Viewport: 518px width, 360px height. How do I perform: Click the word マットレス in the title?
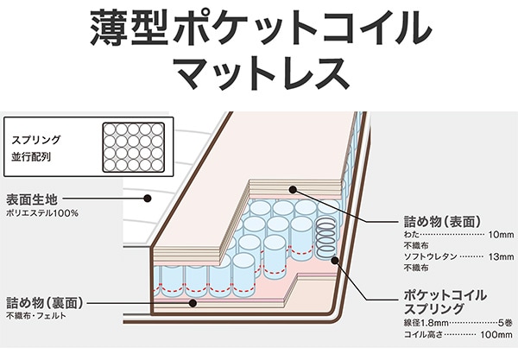pos(259,74)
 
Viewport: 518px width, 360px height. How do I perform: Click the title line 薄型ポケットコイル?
pos(259,28)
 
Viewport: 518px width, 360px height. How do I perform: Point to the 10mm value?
pos(500,235)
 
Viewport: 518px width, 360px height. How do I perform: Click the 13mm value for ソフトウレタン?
pos(500,257)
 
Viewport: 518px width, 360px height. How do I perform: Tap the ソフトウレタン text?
pos(431,257)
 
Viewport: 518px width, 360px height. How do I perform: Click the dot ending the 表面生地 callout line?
pos(148,198)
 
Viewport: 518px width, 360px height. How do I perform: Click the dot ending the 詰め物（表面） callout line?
pos(295,189)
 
